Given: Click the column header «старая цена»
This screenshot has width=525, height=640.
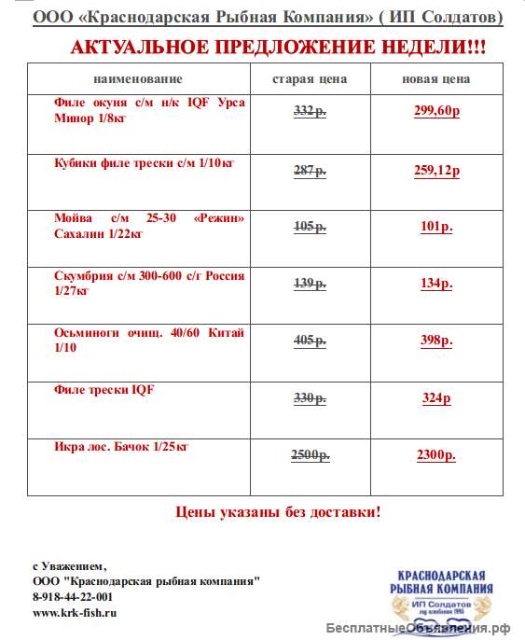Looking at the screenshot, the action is [310, 79].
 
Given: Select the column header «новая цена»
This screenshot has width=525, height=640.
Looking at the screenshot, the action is [436, 79].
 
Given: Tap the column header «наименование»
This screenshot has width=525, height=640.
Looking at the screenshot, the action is [139, 79].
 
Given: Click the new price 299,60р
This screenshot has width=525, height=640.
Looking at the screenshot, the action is [436, 112].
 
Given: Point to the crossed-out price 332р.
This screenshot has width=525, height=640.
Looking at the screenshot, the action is [310, 112].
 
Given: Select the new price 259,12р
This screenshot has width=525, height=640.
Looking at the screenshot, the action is [436, 171].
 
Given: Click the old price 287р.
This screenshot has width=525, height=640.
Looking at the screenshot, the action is [310, 171].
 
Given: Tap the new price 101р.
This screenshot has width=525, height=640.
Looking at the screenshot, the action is [436, 227].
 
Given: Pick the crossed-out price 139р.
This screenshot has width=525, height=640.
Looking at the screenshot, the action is [310, 284].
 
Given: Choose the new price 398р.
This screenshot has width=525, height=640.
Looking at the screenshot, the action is [436, 341].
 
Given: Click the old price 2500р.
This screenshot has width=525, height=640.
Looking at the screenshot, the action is [310, 455].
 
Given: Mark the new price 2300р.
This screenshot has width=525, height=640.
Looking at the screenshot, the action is [436, 455].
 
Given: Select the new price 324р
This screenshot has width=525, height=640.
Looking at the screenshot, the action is [436, 398].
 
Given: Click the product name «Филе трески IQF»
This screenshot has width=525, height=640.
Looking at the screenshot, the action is [104, 390].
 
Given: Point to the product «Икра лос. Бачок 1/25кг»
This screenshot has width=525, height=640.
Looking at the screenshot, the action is [121, 447].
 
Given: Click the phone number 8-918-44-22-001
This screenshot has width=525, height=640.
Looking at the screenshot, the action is [73, 597].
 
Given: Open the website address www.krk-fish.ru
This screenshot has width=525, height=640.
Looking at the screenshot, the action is [75, 613].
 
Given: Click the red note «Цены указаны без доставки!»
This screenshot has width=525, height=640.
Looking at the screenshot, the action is [278, 512].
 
